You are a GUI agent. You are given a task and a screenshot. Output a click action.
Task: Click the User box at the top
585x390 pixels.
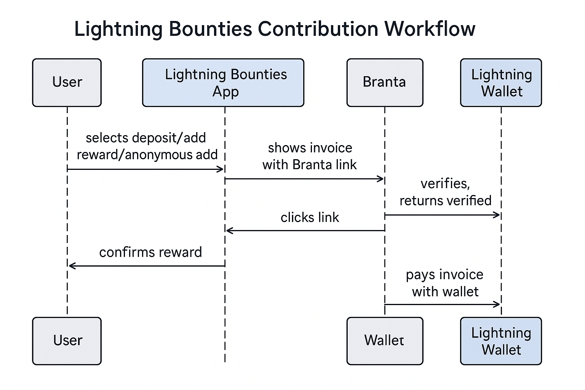coord(67,82)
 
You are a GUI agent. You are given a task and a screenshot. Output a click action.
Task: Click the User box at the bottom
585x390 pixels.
coord(67,340)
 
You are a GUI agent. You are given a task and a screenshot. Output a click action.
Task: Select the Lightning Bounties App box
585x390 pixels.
coord(223,82)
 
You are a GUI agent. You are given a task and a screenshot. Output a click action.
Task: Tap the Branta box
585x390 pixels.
coord(385,82)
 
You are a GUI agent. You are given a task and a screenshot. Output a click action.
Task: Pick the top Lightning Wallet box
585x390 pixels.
coord(501,82)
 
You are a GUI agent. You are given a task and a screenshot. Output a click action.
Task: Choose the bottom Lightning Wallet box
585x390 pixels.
coord(501,340)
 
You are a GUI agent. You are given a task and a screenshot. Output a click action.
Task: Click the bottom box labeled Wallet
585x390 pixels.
coord(385,340)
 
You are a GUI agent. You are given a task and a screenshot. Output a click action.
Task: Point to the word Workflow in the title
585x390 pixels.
coord(430,29)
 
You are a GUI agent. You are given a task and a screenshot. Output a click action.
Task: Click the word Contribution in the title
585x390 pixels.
coord(318,29)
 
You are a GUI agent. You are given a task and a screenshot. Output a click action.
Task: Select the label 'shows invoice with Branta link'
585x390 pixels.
coord(310,156)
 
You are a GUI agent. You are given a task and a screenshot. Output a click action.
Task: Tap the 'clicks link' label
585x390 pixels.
coord(310,217)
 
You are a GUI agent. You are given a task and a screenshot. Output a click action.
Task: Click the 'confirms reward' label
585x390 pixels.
coord(150,252)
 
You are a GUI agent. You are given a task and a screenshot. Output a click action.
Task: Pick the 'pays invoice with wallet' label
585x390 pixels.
coord(445,283)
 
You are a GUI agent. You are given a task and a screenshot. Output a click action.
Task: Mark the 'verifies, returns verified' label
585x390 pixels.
coord(445,192)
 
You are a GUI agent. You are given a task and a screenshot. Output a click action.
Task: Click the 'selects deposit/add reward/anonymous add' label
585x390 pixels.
coord(147,146)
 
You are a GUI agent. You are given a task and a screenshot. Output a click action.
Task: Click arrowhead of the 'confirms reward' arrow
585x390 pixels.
coord(71,265)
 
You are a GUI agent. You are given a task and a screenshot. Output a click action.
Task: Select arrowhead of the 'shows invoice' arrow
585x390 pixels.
coord(380,179)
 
